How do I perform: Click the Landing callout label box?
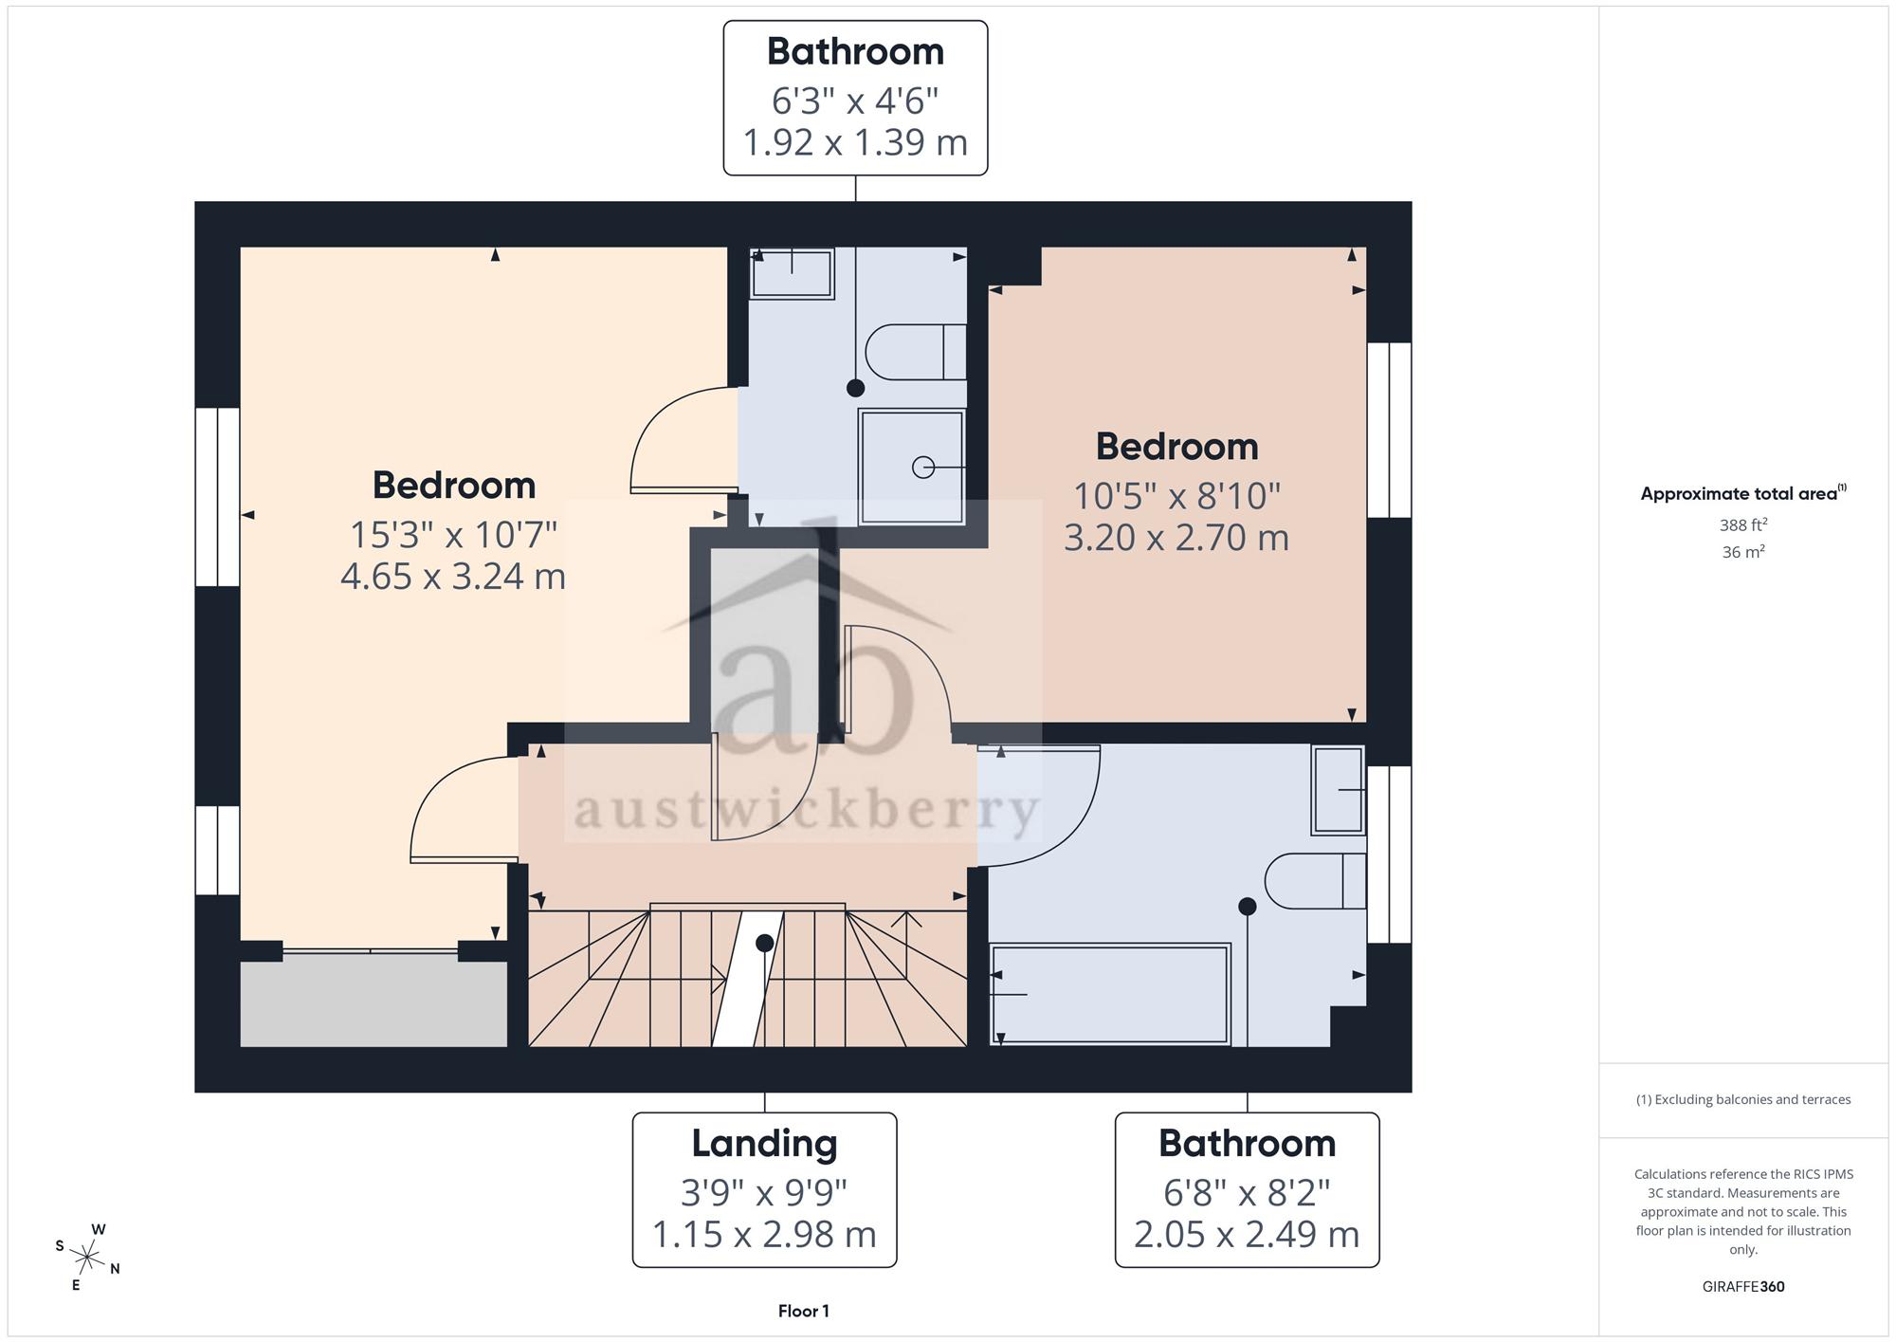click(x=764, y=1189)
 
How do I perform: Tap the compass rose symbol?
click(x=87, y=1258)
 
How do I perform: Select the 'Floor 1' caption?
click(x=803, y=1311)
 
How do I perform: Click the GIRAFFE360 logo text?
click(x=1743, y=1286)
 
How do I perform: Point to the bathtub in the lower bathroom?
click(x=1110, y=994)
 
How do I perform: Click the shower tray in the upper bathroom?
click(x=911, y=467)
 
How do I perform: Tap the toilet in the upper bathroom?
click(x=917, y=352)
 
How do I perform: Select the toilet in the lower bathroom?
click(x=1316, y=881)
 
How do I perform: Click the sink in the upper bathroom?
click(x=792, y=273)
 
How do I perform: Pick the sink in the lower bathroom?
click(x=1338, y=790)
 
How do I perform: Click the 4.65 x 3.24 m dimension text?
click(x=453, y=576)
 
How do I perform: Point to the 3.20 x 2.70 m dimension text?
click(x=1176, y=537)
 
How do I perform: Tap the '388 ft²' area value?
click(x=1743, y=524)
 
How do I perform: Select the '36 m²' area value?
click(x=1743, y=551)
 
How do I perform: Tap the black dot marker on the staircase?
click(x=764, y=943)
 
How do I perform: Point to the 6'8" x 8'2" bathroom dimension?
click(x=1247, y=1192)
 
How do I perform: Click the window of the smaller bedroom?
click(x=1389, y=430)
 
